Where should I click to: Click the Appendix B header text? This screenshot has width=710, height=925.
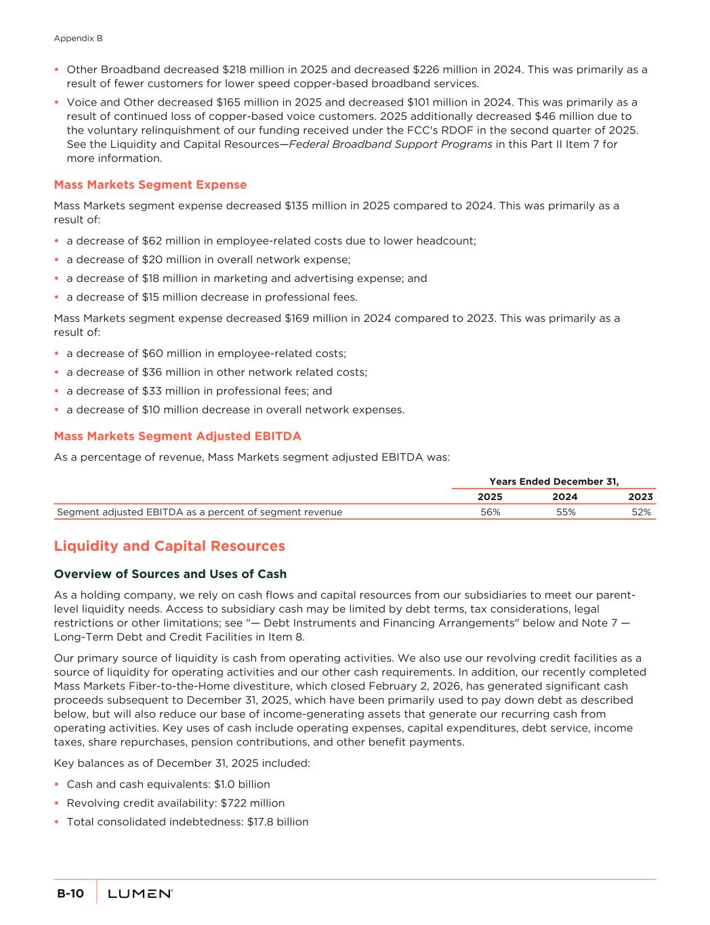click(x=78, y=39)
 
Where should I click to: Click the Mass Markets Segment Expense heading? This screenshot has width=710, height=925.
click(x=150, y=184)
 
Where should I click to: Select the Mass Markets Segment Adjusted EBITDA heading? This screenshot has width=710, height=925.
click(x=177, y=436)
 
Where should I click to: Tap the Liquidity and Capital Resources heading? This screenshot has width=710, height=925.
click(x=169, y=546)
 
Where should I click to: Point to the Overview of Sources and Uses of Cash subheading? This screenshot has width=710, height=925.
click(x=170, y=574)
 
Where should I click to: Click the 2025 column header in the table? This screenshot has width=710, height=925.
click(x=490, y=497)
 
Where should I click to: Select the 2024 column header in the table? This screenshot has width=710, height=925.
click(x=565, y=497)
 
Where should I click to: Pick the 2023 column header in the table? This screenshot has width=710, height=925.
click(x=640, y=497)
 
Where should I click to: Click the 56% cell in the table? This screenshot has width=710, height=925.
click(x=490, y=512)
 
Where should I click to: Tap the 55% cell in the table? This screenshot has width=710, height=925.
click(x=566, y=512)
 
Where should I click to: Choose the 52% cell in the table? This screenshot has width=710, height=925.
click(x=641, y=512)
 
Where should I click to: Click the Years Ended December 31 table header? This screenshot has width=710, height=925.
click(x=554, y=481)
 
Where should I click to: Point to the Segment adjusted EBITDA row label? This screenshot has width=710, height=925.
click(x=199, y=512)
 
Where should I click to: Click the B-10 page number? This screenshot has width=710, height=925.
click(x=70, y=894)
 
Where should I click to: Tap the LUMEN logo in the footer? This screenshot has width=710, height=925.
click(x=140, y=894)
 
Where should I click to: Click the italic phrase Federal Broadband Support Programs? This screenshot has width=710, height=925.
click(x=391, y=144)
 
